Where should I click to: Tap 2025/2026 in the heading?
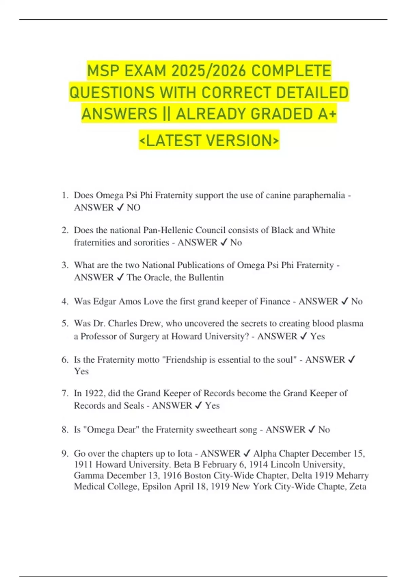click(x=209, y=71)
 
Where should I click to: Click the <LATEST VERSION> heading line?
click(x=209, y=140)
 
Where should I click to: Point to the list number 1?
click(x=65, y=196)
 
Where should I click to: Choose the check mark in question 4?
click(x=345, y=301)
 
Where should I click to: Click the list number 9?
click(x=65, y=454)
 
